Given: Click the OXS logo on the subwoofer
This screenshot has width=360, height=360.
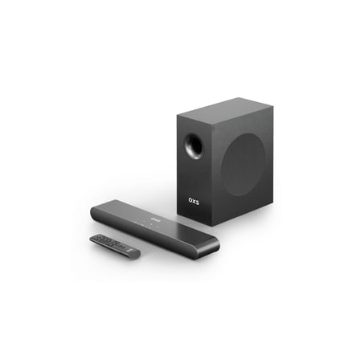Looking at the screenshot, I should [194, 200].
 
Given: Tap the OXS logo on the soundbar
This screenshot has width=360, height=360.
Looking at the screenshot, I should [155, 219].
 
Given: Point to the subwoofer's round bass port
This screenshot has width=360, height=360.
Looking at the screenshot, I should [194, 145].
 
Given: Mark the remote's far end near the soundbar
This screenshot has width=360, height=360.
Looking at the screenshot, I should [94, 237].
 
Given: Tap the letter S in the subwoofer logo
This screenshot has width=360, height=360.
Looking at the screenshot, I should [198, 201].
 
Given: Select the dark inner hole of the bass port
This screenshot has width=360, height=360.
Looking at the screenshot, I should [195, 146].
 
